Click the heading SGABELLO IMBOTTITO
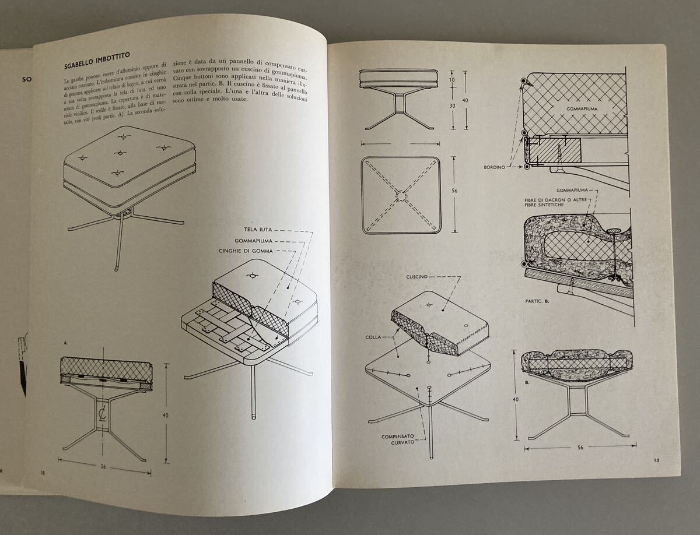(x=97, y=61)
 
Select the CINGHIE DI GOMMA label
(x=246, y=251)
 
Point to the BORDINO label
(x=494, y=167)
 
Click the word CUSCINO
(x=417, y=277)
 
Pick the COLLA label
(x=373, y=337)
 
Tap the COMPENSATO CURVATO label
(x=398, y=439)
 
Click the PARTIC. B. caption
(x=537, y=301)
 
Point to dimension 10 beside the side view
(x=452, y=80)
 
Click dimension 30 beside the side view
(x=452, y=105)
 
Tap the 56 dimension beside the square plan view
(x=455, y=191)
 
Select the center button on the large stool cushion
(x=120, y=153)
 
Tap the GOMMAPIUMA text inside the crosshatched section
(x=582, y=108)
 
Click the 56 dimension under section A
(x=103, y=467)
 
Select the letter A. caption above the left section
(x=66, y=343)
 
